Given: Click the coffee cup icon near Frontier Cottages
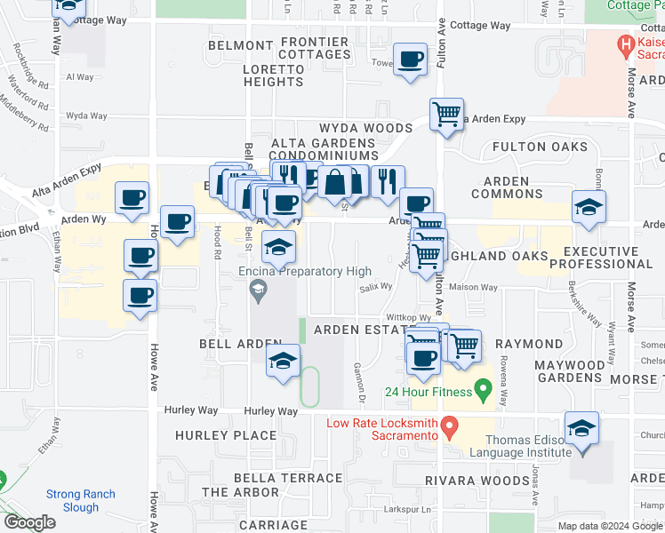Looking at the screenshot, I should coord(410,60).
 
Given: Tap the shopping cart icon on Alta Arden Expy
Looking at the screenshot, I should coord(446,114).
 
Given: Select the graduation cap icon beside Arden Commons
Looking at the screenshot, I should coord(589,207).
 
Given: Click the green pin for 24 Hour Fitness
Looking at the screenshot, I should coord(483,388).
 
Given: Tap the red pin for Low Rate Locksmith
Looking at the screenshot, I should coord(450,428).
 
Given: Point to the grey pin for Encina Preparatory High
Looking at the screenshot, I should coord(258,288).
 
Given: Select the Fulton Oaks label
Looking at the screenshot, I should coord(539,147).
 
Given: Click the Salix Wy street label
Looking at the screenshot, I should coord(376,287).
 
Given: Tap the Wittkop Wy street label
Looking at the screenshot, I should coord(408,317).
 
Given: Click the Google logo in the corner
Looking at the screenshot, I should coord(29,522).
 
